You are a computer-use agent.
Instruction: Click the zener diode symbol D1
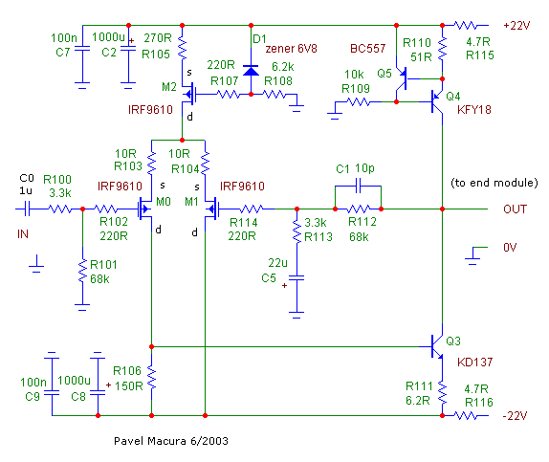(x=251, y=71)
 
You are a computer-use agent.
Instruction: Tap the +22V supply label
(x=516, y=26)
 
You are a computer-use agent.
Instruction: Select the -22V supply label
(x=515, y=416)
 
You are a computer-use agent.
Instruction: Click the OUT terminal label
(x=515, y=209)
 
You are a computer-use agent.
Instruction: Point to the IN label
(x=23, y=234)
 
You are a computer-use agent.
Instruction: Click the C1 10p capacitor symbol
(x=358, y=186)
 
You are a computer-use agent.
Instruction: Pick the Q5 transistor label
(x=384, y=74)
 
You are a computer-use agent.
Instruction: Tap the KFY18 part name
(x=474, y=110)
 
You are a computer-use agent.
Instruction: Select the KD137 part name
(x=474, y=362)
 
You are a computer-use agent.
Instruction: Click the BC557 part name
(x=367, y=49)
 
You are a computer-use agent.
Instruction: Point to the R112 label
(x=362, y=222)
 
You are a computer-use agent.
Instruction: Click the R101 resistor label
(x=103, y=264)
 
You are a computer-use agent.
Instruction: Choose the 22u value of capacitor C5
(x=277, y=263)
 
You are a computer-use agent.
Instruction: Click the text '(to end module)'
(x=494, y=183)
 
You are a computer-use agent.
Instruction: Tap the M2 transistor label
(x=169, y=87)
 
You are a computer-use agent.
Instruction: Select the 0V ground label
(x=510, y=248)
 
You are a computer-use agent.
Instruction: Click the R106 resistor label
(x=127, y=370)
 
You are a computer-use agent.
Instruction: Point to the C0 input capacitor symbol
(x=28, y=209)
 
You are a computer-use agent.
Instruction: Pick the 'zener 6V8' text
(x=292, y=49)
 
